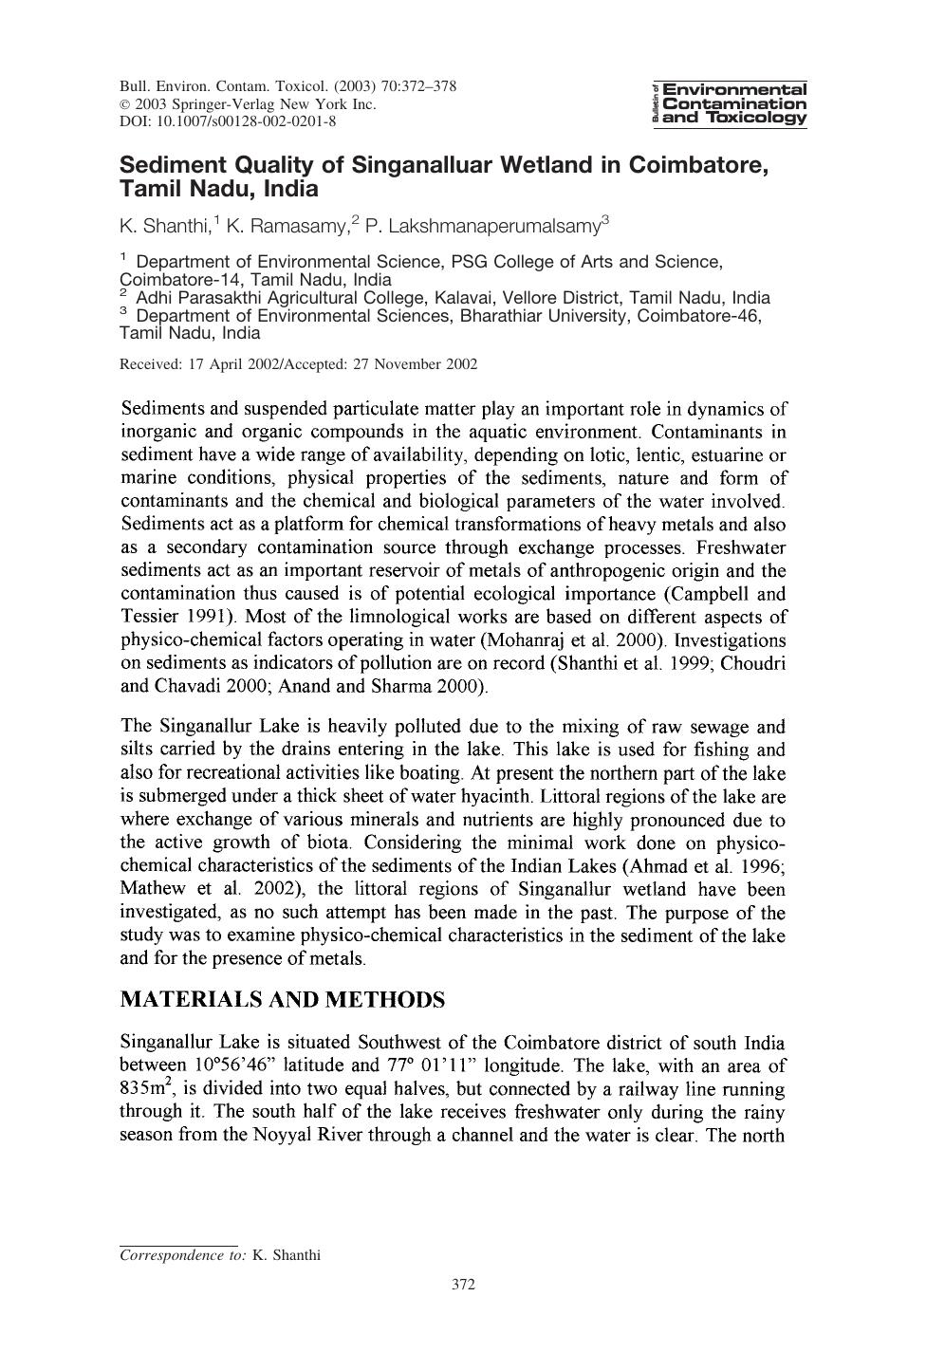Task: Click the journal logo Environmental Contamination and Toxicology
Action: [x=729, y=103]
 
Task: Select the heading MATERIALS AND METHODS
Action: [x=282, y=1000]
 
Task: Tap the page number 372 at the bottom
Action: [x=463, y=1286]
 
